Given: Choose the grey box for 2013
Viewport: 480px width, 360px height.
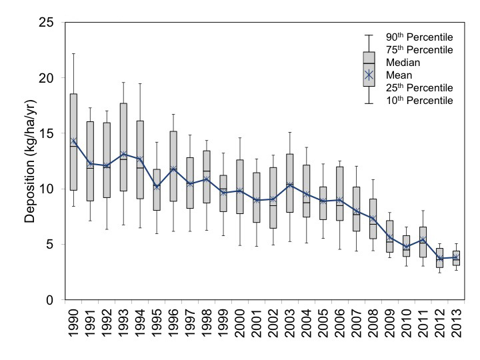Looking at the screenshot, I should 456,258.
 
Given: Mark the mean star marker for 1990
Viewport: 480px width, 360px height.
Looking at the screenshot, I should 73,141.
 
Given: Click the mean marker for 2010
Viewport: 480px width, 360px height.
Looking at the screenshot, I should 406,247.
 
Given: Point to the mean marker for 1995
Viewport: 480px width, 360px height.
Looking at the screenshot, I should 157,187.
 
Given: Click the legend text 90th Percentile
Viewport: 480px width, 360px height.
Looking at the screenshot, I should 420,37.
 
